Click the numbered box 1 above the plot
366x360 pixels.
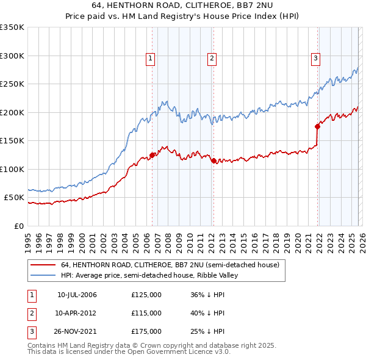[x=151, y=59]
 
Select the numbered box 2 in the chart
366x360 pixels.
[x=212, y=59]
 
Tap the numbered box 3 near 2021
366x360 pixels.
[x=315, y=59]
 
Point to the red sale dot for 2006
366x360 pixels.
[x=152, y=155]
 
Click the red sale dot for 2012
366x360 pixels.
[x=213, y=161]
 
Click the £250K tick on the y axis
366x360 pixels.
[x=13, y=84]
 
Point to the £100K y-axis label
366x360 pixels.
[x=13, y=169]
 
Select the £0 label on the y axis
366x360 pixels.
[x=18, y=226]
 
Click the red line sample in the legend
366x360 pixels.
[x=43, y=265]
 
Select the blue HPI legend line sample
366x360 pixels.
[x=43, y=276]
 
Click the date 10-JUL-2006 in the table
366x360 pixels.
[x=77, y=295]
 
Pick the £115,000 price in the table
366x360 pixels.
[x=146, y=313]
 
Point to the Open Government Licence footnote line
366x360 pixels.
[x=129, y=352]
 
